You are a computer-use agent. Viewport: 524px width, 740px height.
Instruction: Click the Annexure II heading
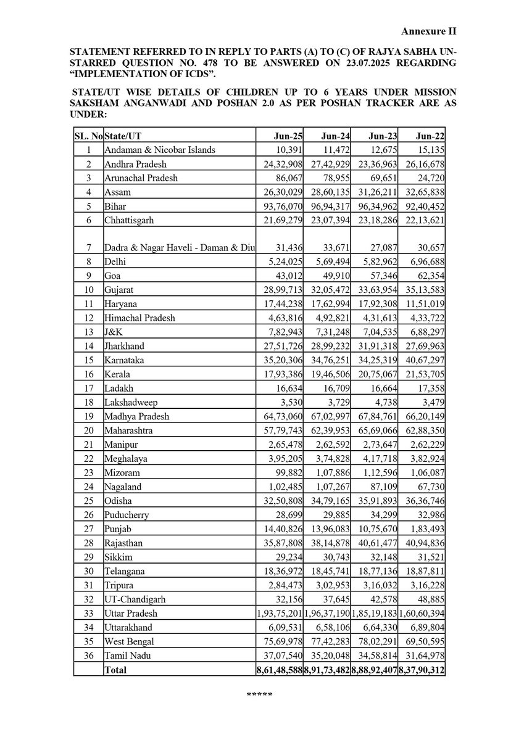428,30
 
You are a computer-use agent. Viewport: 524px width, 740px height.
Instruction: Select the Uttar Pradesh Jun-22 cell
422,614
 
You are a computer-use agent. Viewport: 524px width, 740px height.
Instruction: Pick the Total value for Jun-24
326,669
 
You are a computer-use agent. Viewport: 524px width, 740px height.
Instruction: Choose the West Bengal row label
128,641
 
